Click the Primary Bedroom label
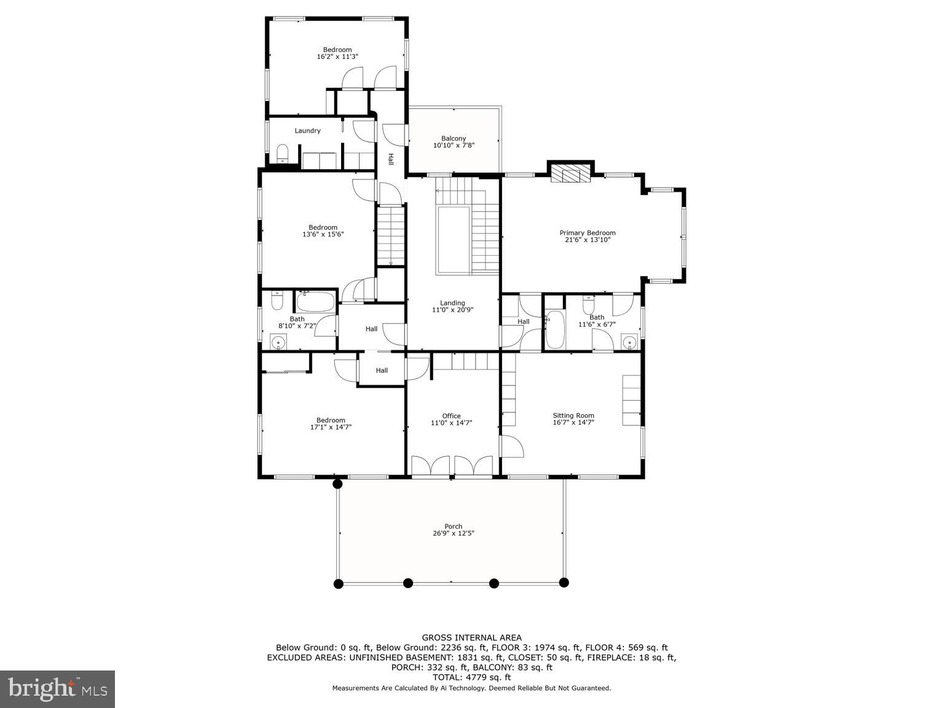pyautogui.click(x=587, y=233)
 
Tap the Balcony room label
pyautogui.click(x=454, y=138)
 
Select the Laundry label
pyautogui.click(x=307, y=130)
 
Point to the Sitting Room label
pyautogui.click(x=573, y=415)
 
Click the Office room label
pyautogui.click(x=451, y=416)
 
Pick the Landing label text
pyautogui.click(x=452, y=303)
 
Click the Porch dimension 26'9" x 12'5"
pyautogui.click(x=454, y=533)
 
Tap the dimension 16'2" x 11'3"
pyautogui.click(x=337, y=57)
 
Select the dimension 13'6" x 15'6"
pyautogui.click(x=323, y=234)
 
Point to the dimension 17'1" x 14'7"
pyautogui.click(x=331, y=427)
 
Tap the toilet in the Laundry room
pyautogui.click(x=283, y=152)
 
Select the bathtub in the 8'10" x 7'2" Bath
pyautogui.click(x=315, y=302)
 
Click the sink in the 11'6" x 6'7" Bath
pyautogui.click(x=629, y=342)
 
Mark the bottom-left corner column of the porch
pyautogui.click(x=337, y=583)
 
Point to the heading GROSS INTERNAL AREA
pyautogui.click(x=471, y=638)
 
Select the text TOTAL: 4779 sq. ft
pyautogui.click(x=471, y=677)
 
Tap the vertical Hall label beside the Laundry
pyautogui.click(x=390, y=159)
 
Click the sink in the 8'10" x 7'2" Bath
pyautogui.click(x=278, y=343)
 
